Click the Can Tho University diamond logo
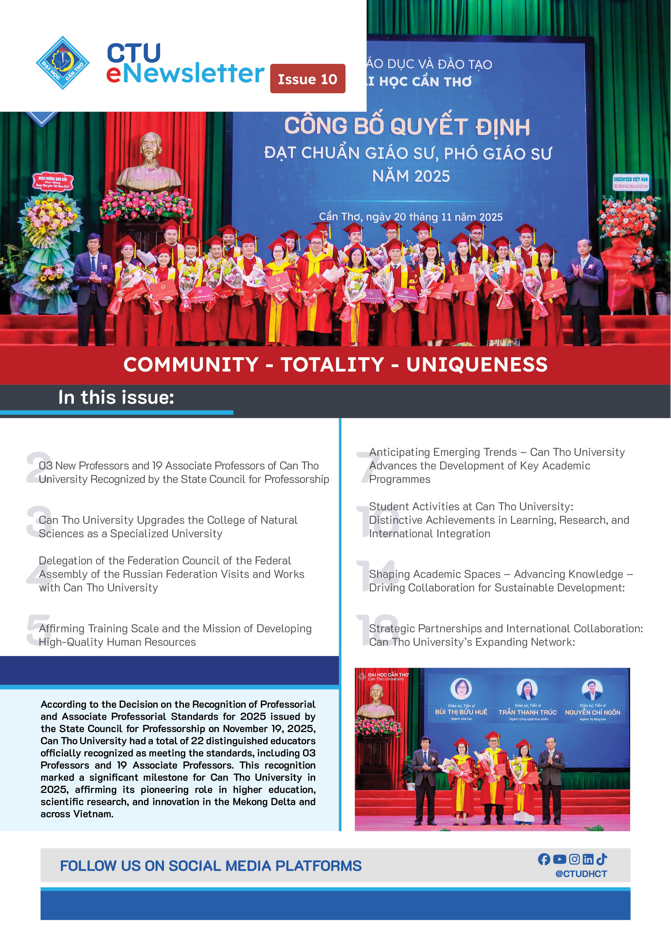63,63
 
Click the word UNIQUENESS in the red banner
477,365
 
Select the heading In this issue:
116,397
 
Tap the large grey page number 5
38,630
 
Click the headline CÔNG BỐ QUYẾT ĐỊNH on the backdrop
407,126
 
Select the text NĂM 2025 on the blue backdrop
411,176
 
